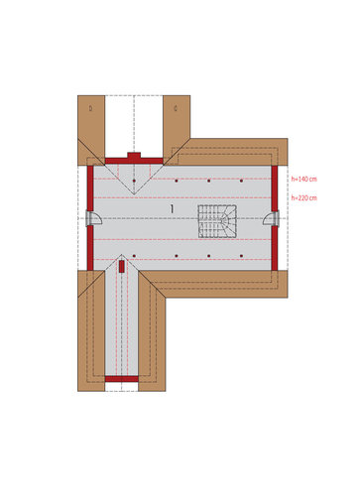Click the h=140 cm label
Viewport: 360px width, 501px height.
pos(304,179)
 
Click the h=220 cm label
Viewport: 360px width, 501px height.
pos(304,198)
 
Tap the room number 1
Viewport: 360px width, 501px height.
pos(172,209)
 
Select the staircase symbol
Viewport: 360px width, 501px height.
pos(217,221)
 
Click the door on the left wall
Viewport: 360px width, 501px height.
pos(93,218)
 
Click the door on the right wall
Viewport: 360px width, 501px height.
pos(272,218)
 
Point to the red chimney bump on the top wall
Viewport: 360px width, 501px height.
pos(134,156)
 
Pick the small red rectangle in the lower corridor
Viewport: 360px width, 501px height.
pos(122,266)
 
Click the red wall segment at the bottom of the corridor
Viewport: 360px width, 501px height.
pos(122,379)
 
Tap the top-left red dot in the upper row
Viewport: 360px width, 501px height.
pos(134,181)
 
